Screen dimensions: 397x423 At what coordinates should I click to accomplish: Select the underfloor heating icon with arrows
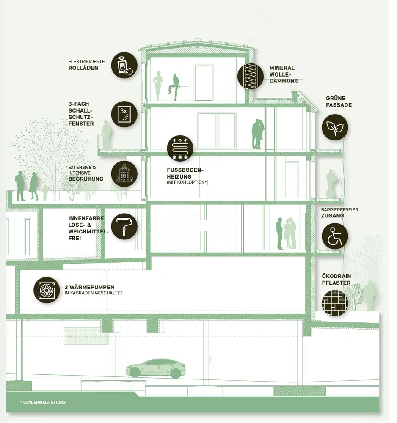(x=180, y=148)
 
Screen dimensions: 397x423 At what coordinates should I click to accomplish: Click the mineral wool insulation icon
(x=251, y=76)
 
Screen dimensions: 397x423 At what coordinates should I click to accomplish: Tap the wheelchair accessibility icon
(x=335, y=235)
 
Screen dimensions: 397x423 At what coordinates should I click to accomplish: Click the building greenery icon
(x=124, y=173)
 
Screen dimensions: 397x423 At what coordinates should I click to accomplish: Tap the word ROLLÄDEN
(x=83, y=68)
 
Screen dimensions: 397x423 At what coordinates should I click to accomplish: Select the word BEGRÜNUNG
(x=86, y=179)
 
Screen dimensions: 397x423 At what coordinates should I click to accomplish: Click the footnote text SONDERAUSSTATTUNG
(x=44, y=402)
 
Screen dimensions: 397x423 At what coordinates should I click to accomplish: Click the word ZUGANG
(x=333, y=216)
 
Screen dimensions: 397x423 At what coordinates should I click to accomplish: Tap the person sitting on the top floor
(x=173, y=87)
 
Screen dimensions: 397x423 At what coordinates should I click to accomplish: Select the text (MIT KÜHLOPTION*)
(x=187, y=182)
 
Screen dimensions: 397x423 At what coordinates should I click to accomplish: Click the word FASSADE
(x=339, y=105)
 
